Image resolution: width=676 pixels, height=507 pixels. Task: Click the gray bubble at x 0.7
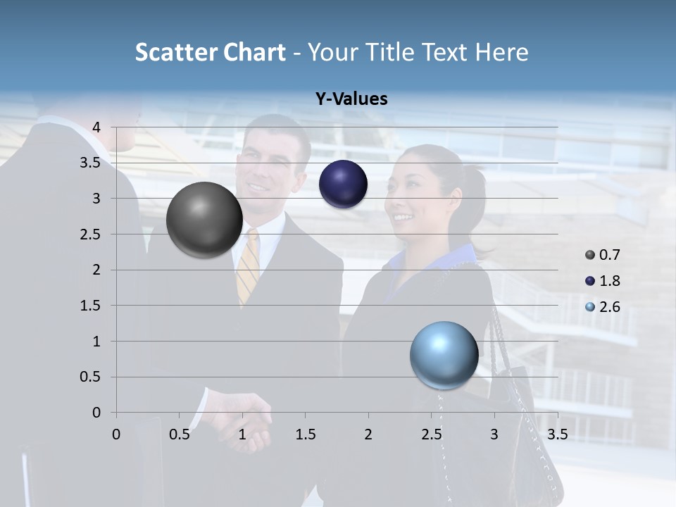(204, 220)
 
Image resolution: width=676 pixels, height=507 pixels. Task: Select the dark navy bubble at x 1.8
(343, 184)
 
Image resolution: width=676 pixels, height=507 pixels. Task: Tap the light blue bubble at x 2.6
(444, 355)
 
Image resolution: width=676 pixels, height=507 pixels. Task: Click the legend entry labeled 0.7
(603, 255)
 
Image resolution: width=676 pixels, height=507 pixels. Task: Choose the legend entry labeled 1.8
(603, 281)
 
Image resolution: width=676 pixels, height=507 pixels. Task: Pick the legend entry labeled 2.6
(603, 307)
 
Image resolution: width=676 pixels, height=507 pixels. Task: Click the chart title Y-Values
(351, 99)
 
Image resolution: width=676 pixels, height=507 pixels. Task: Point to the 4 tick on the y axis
(97, 127)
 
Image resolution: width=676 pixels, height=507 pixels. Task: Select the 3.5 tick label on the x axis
(557, 434)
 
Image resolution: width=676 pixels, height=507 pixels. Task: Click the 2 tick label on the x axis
(368, 434)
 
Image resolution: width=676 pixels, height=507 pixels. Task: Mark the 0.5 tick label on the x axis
(179, 434)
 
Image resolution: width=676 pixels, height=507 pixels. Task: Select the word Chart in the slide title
(254, 53)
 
